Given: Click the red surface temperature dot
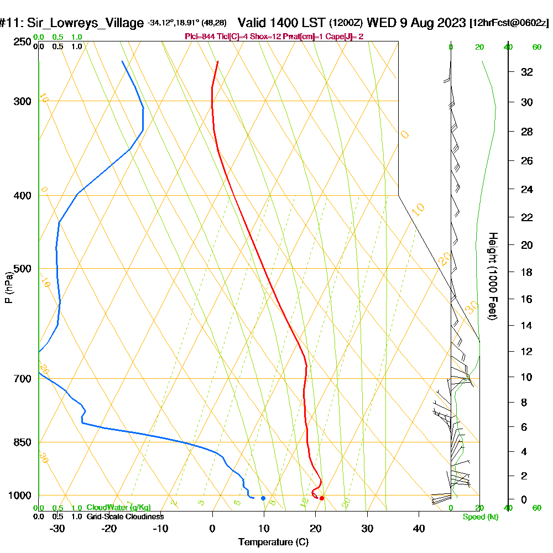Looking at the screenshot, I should point(322,498).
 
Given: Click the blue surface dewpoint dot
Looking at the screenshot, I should point(263,498).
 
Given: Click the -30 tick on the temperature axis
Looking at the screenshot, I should point(58,529).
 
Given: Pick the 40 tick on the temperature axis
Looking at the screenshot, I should point(419,529).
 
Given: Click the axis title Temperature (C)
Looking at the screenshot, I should point(273,542).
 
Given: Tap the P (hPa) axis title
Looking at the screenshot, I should point(8,288).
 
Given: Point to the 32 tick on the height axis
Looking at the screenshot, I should point(527,72).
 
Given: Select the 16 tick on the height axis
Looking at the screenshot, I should point(527,299).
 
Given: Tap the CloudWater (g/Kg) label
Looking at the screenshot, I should point(118,508).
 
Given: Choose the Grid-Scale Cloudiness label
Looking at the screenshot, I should point(125,517).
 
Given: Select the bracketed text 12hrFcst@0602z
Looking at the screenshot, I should point(509,23).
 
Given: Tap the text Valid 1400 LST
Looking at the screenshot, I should point(282,23).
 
